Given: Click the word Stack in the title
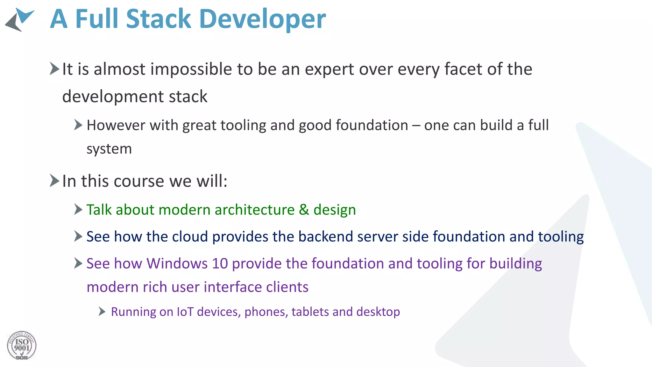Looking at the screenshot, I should coord(158,19).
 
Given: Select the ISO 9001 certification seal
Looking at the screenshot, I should coord(22,346).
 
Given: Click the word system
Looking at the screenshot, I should coord(109,149).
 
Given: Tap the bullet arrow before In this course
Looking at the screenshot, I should coord(54,181).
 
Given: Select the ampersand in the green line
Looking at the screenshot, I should coord(304,210).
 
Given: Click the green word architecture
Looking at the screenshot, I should coord(254,210).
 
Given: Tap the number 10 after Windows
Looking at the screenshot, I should coord(220,264).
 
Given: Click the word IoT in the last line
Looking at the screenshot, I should coord(185,312).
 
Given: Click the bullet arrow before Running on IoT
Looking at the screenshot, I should coord(102,311).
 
